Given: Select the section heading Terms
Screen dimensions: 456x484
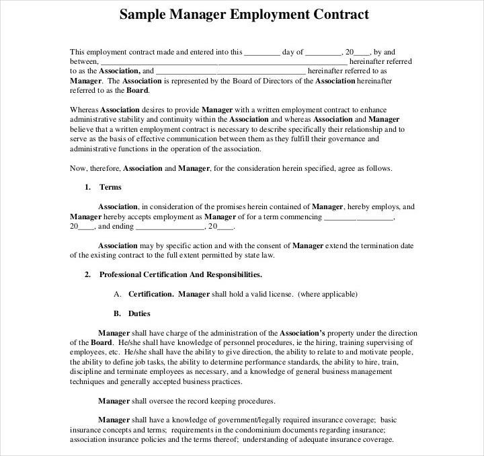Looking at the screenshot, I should click(x=110, y=187).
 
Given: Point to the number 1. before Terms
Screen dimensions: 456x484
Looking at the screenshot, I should click(x=87, y=187).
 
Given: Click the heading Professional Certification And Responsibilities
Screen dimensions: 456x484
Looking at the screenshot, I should click(x=181, y=274).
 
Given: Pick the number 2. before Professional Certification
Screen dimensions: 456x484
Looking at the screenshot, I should click(x=87, y=274).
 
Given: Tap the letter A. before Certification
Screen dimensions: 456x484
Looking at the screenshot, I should click(x=118, y=294).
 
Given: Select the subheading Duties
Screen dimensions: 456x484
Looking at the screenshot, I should click(x=139, y=313).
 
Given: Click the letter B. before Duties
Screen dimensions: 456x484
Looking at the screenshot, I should click(x=118, y=313).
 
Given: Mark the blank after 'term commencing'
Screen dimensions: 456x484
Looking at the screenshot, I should click(x=359, y=217).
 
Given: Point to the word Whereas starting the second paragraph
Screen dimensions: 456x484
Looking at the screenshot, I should click(x=85, y=110).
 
